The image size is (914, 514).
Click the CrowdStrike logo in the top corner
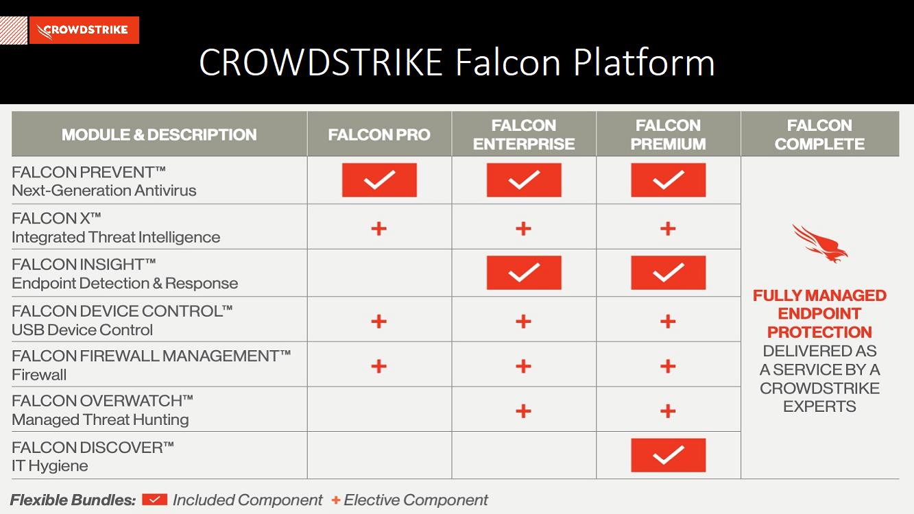[x=84, y=30]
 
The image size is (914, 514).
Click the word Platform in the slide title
[x=644, y=63]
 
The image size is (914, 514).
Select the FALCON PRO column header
[x=379, y=134]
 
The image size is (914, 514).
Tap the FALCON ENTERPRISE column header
[x=524, y=134]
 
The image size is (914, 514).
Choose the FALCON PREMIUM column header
[x=668, y=134]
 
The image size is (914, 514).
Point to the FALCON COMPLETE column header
[x=819, y=134]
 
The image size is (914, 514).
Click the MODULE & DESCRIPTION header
[x=159, y=134]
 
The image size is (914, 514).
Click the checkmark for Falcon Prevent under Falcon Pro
[x=379, y=180]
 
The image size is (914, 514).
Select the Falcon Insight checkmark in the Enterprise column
[x=524, y=273]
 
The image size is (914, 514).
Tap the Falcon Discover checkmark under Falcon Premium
[x=669, y=455]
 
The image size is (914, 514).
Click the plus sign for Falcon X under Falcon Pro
[x=378, y=228]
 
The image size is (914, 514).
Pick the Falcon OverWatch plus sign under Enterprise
[x=523, y=411]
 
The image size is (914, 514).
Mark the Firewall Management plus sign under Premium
[x=668, y=366]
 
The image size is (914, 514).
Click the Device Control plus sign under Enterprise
[x=523, y=321]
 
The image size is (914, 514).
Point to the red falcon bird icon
[x=819, y=243]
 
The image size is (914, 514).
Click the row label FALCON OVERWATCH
[x=102, y=401]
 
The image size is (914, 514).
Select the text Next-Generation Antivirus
[x=104, y=191]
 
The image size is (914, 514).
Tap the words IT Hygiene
[x=50, y=466]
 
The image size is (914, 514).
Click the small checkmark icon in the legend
[x=155, y=500]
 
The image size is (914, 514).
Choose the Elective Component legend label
[x=416, y=500]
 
